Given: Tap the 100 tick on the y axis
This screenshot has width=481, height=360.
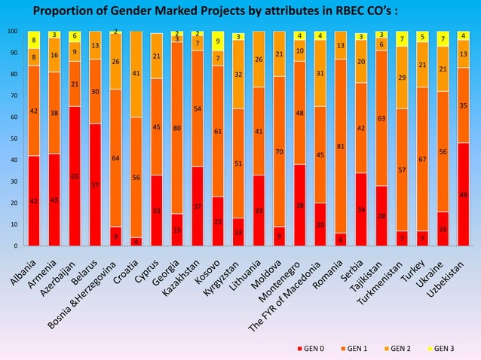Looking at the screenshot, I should (x=11, y=32).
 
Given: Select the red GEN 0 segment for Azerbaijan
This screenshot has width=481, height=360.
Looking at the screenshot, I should (x=75, y=176).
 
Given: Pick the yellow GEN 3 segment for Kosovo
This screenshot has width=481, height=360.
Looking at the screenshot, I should (x=218, y=41).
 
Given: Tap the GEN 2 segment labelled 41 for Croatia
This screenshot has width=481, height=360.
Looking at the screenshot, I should (x=136, y=74).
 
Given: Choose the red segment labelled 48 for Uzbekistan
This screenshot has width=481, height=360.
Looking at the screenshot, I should (x=463, y=194).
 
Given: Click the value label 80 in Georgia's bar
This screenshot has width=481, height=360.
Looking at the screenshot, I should (x=176, y=128).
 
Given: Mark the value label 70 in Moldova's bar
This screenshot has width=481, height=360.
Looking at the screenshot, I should (x=279, y=151).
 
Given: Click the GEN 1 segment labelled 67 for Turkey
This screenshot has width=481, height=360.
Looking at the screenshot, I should (x=422, y=160).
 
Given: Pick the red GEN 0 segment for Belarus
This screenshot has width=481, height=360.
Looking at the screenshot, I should (x=95, y=185).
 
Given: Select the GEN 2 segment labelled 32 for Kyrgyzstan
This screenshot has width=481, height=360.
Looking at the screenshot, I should (x=238, y=75).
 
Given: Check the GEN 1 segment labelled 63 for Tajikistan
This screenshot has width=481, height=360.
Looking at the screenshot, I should (x=381, y=118).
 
